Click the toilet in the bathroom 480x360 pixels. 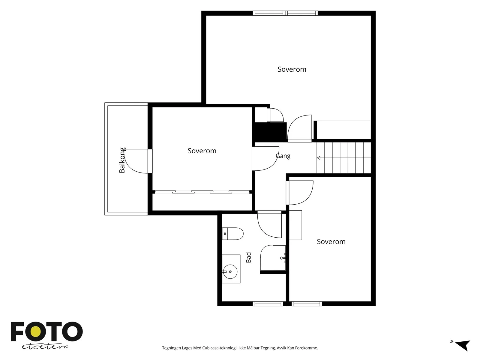[x=233, y=234]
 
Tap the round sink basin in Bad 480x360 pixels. [x=230, y=272]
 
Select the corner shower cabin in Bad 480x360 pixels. [x=273, y=258]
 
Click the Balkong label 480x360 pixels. [x=122, y=160]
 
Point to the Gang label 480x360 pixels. [x=283, y=156]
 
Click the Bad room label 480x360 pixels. [x=249, y=257]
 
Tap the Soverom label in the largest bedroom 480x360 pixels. [x=292, y=69]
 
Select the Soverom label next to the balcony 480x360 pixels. [x=202, y=151]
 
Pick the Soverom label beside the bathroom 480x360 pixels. [x=331, y=242]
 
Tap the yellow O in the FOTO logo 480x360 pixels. [x=35, y=331]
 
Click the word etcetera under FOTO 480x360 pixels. [x=45, y=347]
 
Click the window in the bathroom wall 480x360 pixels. [x=268, y=304]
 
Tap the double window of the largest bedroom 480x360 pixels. [x=285, y=13]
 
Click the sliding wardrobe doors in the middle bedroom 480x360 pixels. [x=202, y=192]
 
